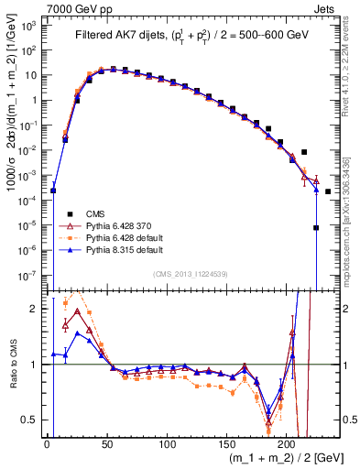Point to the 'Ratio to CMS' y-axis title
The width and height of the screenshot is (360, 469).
[10, 364]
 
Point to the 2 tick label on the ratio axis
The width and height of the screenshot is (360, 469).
[37, 309]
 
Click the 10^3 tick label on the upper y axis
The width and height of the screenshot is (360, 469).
[31, 26]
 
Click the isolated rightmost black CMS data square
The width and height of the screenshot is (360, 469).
[327, 191]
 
